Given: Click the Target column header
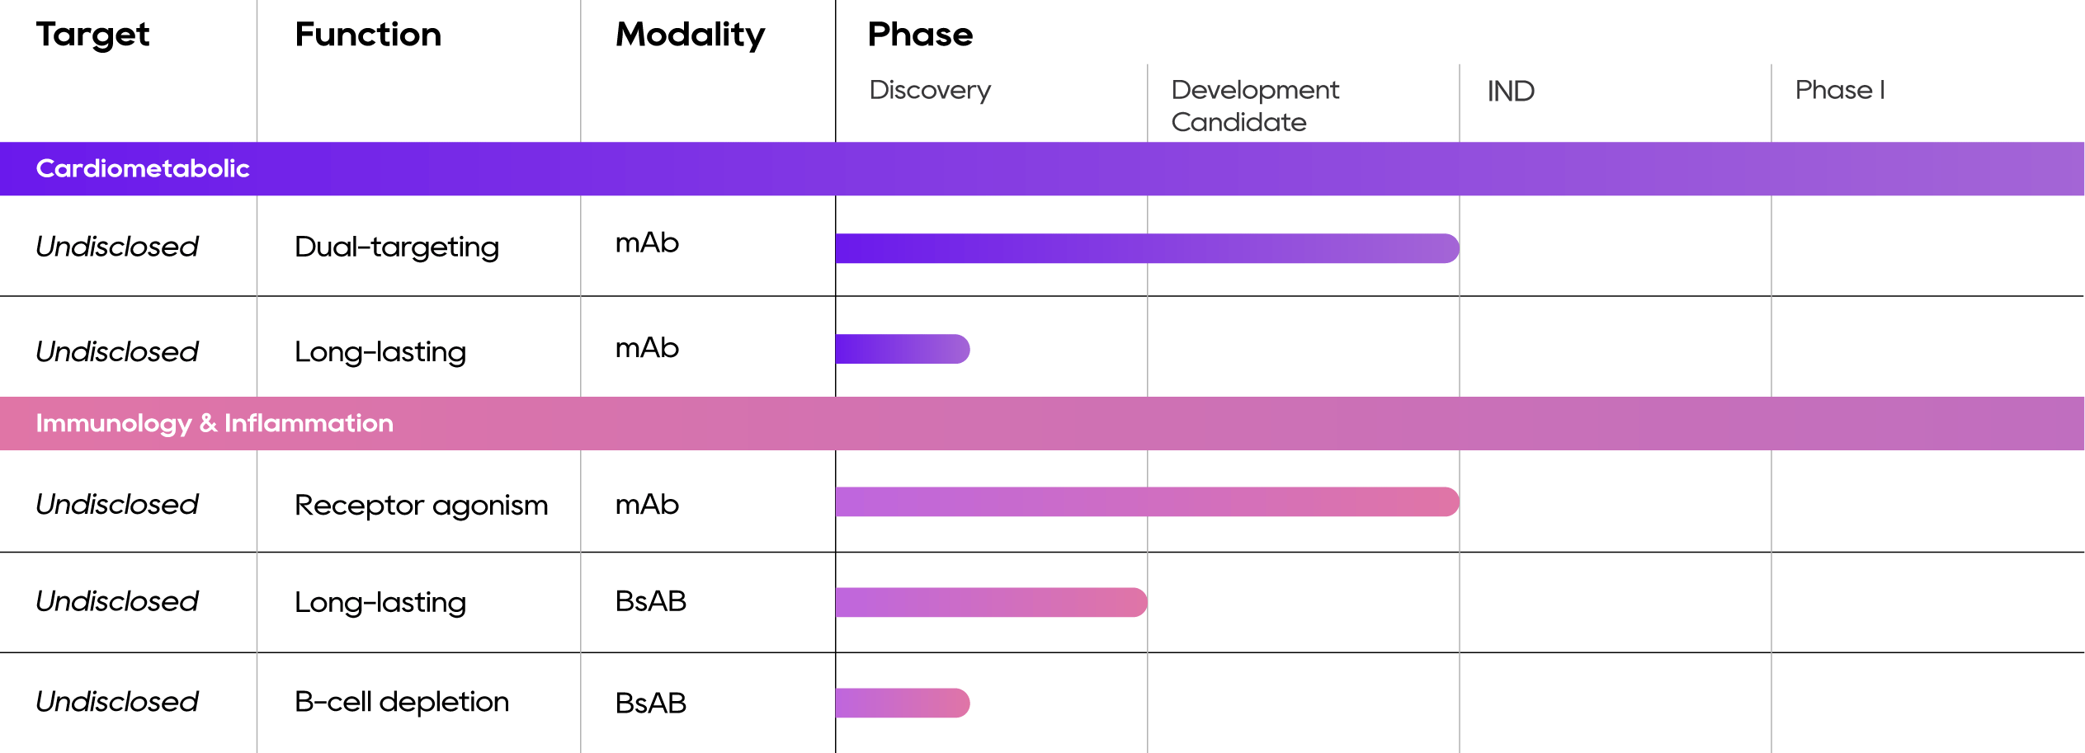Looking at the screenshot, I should point(92,35).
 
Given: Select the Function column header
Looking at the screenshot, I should point(368,35).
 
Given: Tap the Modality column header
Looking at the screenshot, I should point(690,35).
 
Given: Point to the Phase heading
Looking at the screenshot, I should point(920,35).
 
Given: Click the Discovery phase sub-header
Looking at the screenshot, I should point(930,90).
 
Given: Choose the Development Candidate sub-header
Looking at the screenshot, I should point(1254,106).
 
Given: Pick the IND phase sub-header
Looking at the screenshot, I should point(1510,91).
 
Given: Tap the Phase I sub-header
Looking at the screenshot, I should point(1840,90).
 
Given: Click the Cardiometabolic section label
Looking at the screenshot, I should point(142,168).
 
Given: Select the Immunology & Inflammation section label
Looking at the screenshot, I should point(215,423).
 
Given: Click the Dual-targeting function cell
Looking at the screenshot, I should point(396,247).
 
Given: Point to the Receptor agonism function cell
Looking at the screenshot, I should point(421,505).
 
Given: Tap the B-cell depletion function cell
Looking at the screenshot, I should point(402,702).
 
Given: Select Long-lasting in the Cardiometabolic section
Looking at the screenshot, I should point(380,352).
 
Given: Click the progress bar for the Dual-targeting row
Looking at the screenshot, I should point(1147,248).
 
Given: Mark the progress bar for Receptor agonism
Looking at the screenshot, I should point(1147,501).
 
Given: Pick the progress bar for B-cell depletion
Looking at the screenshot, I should point(903,703).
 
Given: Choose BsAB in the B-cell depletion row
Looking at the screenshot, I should point(650,703).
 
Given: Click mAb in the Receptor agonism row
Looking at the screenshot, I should point(647,504).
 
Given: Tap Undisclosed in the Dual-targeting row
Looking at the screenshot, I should point(117,247).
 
